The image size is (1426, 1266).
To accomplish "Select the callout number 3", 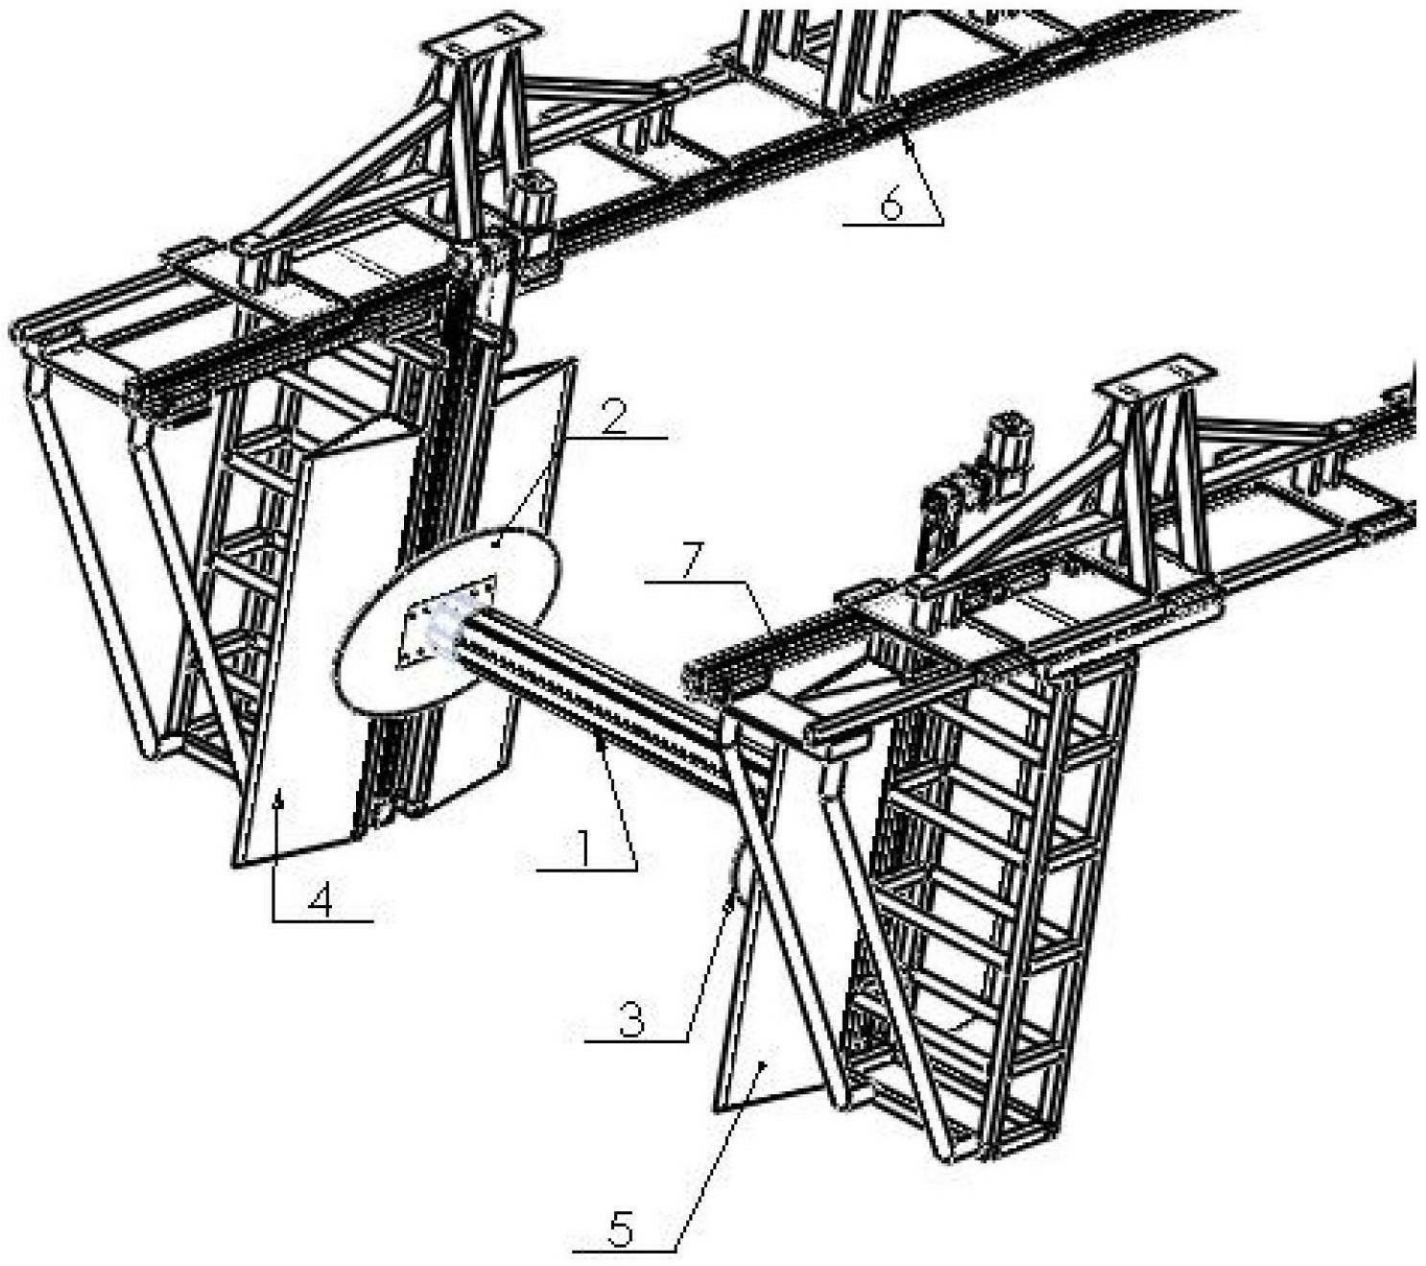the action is pyautogui.click(x=630, y=1018).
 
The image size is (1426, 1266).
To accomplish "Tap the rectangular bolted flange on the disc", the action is pyautogui.click(x=447, y=619).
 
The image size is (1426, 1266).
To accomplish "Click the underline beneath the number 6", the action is pyautogui.click(x=892, y=224).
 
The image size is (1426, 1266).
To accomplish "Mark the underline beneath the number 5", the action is pyautogui.click(x=624, y=1251).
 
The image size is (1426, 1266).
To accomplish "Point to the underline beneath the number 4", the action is pyautogui.click(x=322, y=921).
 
